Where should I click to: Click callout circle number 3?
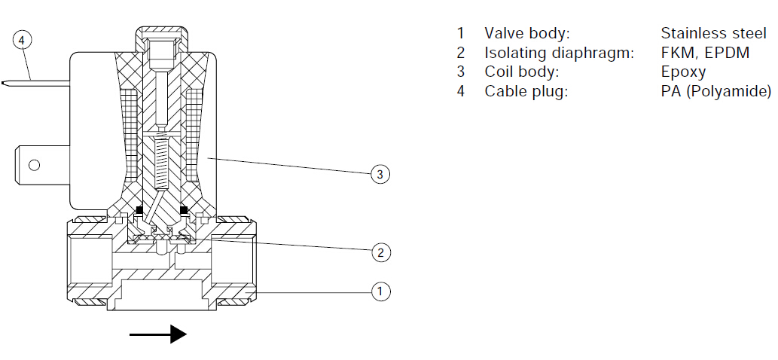click(x=381, y=174)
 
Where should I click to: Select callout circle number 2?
click(x=381, y=252)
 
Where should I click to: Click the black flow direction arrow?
click(x=157, y=334)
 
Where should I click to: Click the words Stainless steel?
click(x=713, y=33)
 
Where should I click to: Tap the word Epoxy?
click(x=683, y=72)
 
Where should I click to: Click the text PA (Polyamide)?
click(x=715, y=92)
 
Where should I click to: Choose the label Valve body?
click(x=527, y=33)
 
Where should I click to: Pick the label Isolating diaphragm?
click(x=559, y=53)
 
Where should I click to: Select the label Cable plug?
click(x=525, y=92)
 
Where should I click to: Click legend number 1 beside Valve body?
click(x=461, y=33)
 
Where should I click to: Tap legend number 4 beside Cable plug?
click(x=461, y=92)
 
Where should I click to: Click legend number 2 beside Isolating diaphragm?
click(x=461, y=53)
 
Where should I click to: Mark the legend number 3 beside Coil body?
click(x=461, y=72)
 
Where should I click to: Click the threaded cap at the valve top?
click(x=160, y=41)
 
